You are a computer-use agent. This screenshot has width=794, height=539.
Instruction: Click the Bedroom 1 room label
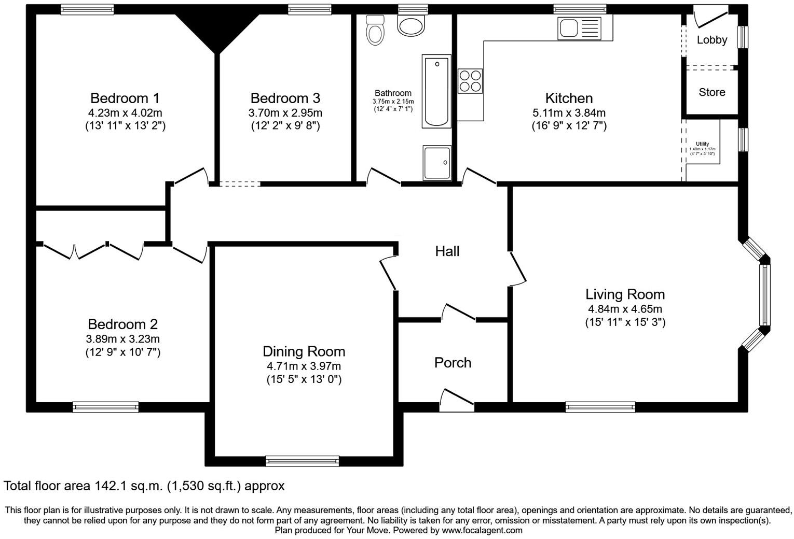[125, 98]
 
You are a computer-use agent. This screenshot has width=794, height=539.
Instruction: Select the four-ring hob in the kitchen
[470, 81]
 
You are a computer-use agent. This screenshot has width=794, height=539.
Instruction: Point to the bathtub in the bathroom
[436, 91]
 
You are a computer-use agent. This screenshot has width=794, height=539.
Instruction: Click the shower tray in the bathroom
[437, 163]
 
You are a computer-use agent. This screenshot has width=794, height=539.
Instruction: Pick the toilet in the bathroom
[374, 30]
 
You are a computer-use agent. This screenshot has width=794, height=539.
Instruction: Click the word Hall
[447, 251]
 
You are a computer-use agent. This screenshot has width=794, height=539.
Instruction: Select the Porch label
[453, 363]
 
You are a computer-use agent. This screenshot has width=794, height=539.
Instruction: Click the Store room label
[711, 92]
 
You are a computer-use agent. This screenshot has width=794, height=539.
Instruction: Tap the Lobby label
[711, 40]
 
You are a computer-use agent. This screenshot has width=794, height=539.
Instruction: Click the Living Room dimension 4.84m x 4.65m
[625, 309]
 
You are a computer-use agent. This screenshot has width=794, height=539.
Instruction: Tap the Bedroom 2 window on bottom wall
[106, 407]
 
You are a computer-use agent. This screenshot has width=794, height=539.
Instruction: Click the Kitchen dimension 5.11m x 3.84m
[569, 112]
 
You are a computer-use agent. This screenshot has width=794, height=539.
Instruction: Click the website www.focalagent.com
[482, 530]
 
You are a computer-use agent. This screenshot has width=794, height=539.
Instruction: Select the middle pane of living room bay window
[764, 295]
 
